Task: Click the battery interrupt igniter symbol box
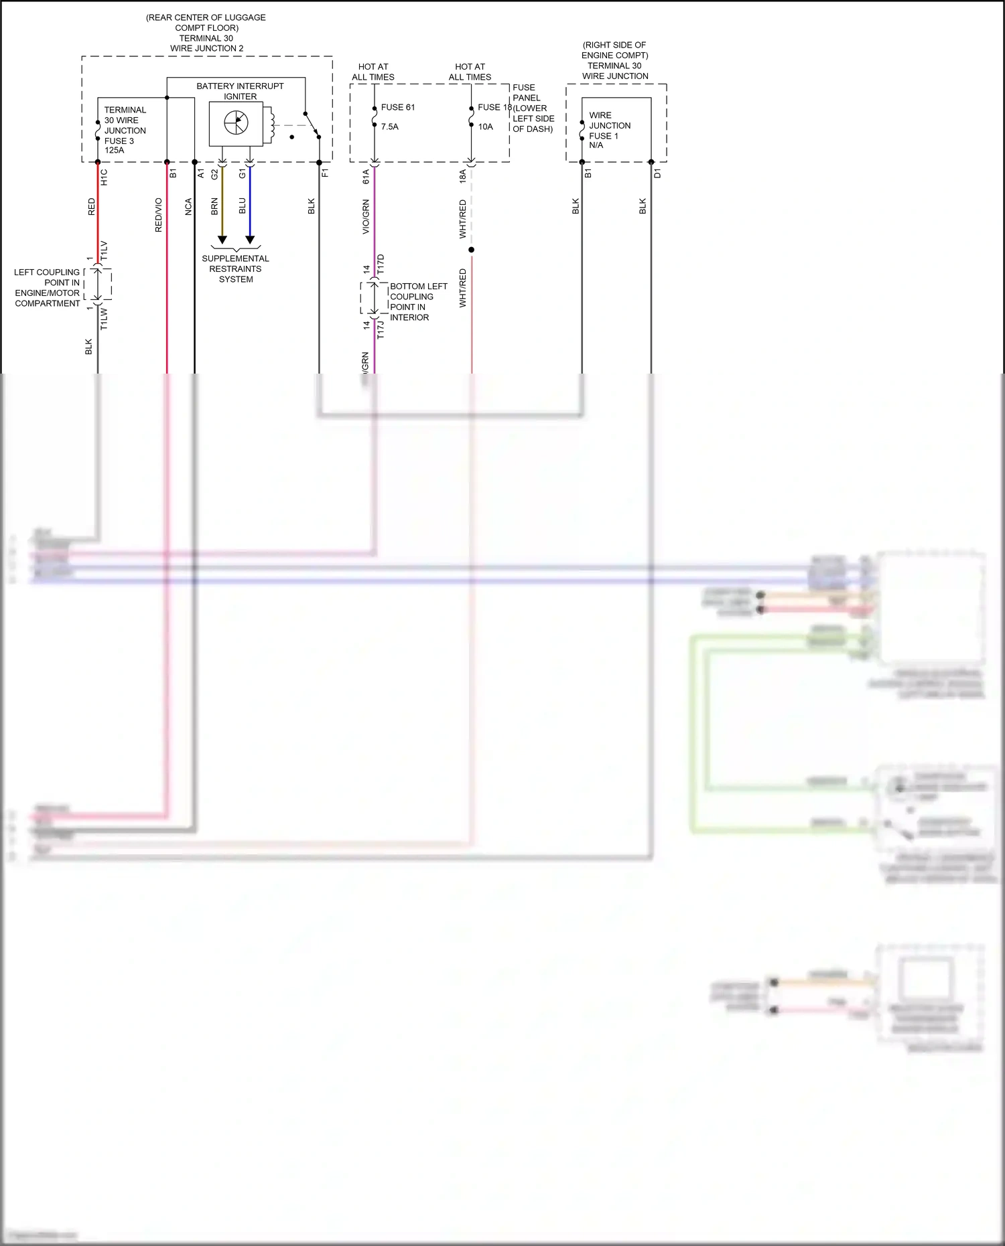coord(236,124)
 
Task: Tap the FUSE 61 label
coord(398,107)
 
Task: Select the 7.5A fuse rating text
coord(390,127)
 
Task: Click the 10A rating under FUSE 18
coord(485,127)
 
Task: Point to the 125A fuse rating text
coord(115,151)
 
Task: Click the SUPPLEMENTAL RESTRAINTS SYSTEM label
coord(235,268)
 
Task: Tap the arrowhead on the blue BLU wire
coord(250,240)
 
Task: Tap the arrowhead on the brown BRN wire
coord(222,240)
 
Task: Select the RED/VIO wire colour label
coord(159,215)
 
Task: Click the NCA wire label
coord(188,207)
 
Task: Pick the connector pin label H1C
coord(104,177)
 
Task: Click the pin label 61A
coord(366,177)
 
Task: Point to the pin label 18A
coord(462,177)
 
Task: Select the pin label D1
coord(657,173)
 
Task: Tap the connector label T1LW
coord(104,319)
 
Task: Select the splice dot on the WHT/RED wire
coord(472,250)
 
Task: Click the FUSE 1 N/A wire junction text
coord(604,140)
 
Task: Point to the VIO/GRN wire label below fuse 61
coord(366,217)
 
